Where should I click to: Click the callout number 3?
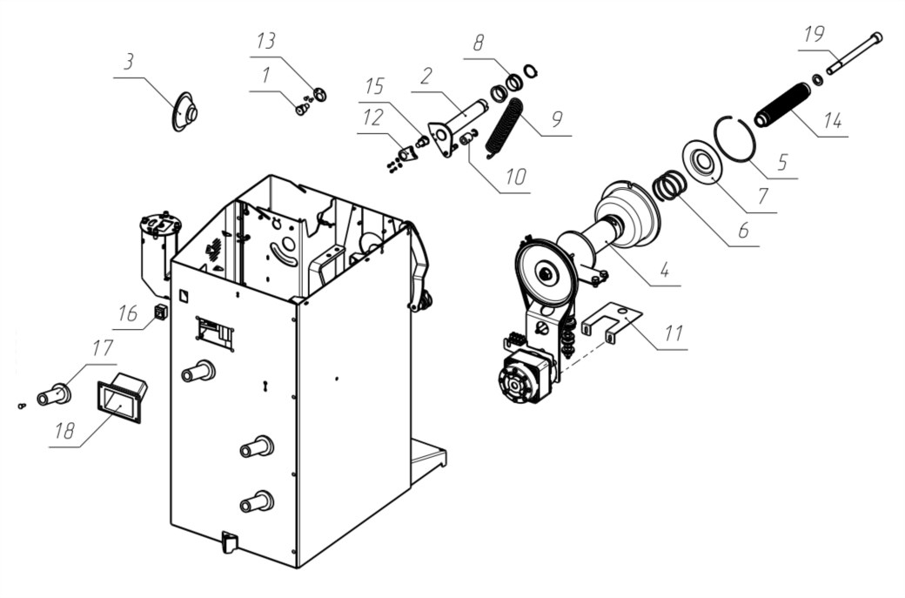coord(128,61)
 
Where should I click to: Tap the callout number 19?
coord(814,35)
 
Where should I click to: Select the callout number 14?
coord(832,121)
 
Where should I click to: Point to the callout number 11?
coord(674,333)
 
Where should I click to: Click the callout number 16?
coord(128,313)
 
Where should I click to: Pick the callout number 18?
coord(64,431)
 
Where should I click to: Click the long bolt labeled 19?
coord(855,53)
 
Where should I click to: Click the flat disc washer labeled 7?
coord(702,161)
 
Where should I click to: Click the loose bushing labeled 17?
coord(54,395)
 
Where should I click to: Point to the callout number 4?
coord(665,270)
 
